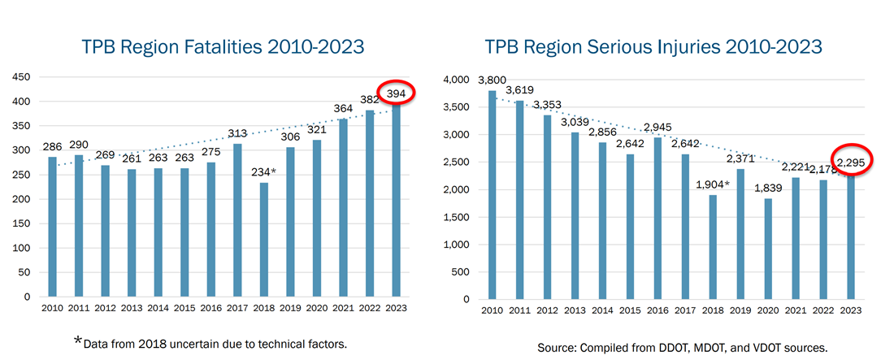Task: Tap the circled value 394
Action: click(x=396, y=94)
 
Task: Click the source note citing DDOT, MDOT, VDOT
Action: click(x=682, y=348)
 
